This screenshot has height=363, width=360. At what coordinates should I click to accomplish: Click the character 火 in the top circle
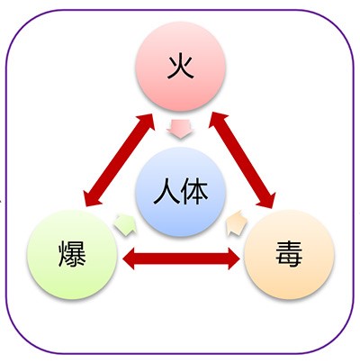(180, 67)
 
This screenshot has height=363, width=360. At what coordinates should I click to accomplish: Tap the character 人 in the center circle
(166, 191)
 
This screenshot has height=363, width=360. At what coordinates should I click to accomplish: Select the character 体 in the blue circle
(195, 191)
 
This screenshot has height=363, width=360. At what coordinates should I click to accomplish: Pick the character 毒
(289, 254)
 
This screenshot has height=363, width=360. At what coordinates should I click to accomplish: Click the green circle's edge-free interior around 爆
(72, 254)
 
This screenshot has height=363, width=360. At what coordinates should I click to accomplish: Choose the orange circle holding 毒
(289, 254)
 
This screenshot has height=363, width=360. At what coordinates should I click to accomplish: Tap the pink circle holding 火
(181, 67)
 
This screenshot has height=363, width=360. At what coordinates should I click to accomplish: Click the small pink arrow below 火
(180, 129)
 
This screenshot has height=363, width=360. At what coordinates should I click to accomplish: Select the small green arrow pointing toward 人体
(125, 224)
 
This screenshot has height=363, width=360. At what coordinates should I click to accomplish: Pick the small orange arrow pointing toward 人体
(236, 223)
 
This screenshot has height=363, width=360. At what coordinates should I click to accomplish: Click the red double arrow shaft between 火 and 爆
(120, 159)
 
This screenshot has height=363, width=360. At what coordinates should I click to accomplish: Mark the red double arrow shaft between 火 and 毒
(241, 160)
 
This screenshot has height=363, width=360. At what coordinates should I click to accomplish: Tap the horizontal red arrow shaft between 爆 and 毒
(182, 259)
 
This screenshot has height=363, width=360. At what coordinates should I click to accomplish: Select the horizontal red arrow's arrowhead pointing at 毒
(234, 259)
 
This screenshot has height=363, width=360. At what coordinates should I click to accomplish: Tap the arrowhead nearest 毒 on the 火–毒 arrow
(267, 199)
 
